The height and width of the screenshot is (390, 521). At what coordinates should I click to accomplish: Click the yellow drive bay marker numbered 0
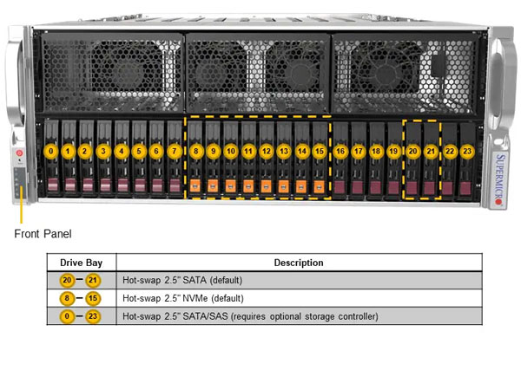click(x=52, y=151)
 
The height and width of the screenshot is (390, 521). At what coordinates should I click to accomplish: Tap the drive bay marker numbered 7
click(x=175, y=151)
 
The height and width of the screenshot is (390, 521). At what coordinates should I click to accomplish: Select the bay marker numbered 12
click(x=267, y=151)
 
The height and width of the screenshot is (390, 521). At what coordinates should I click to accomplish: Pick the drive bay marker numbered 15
click(x=320, y=151)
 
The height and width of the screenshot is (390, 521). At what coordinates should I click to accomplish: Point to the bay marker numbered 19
click(x=393, y=151)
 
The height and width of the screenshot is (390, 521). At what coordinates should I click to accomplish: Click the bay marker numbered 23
click(x=467, y=151)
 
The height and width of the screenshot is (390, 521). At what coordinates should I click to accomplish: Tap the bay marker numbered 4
click(x=122, y=151)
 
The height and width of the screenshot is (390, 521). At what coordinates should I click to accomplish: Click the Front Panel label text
click(x=44, y=233)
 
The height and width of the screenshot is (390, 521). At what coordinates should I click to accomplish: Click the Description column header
click(x=298, y=262)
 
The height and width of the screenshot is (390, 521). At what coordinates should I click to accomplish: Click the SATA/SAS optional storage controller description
click(x=251, y=316)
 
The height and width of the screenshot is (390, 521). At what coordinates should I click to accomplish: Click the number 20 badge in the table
click(x=67, y=280)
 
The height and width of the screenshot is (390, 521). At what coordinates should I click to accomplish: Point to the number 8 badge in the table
click(x=67, y=298)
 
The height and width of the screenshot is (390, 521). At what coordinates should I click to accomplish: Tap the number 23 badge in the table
click(x=94, y=316)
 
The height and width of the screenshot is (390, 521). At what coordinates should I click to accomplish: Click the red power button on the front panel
click(x=19, y=153)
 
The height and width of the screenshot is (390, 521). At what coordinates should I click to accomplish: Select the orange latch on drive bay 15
click(x=320, y=185)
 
